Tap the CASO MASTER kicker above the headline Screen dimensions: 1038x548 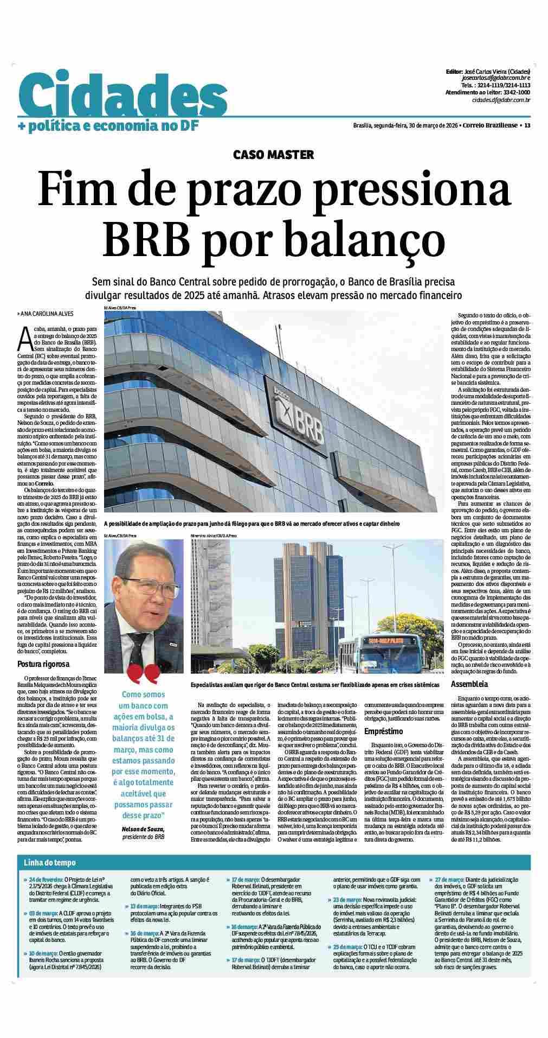[273, 155]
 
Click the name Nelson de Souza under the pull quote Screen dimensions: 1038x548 [143, 830]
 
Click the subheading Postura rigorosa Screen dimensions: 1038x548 [43, 664]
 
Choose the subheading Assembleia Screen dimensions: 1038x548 [470, 684]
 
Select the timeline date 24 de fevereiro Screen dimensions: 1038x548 [46, 895]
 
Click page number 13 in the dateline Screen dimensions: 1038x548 [527, 126]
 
